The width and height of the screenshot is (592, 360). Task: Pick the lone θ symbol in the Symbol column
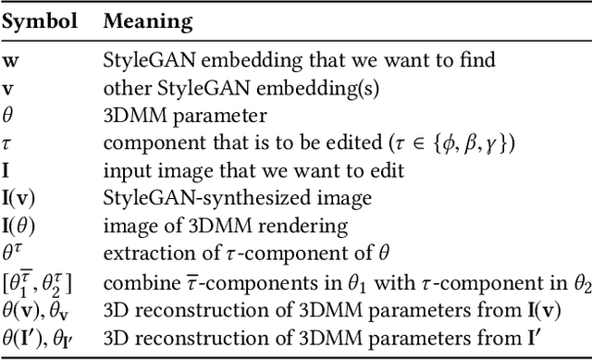click(9, 117)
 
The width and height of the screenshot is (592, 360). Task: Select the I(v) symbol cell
click(20, 197)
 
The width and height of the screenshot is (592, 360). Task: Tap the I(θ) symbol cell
click(20, 224)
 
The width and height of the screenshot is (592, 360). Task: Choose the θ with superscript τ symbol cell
click(14, 251)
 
